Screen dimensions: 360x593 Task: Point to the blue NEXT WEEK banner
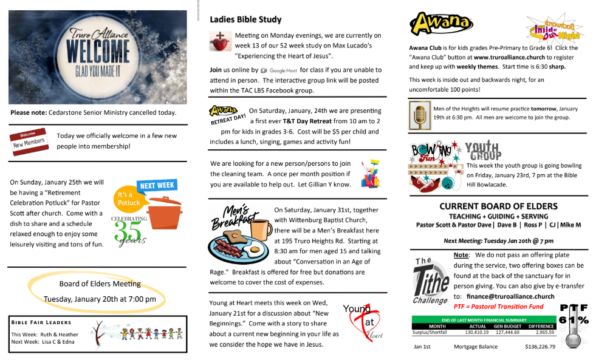(157, 185)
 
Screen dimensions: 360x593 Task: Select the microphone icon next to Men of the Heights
(419, 115)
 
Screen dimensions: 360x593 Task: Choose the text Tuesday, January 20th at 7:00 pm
(100, 299)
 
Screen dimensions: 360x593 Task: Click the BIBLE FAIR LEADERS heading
(41, 322)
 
